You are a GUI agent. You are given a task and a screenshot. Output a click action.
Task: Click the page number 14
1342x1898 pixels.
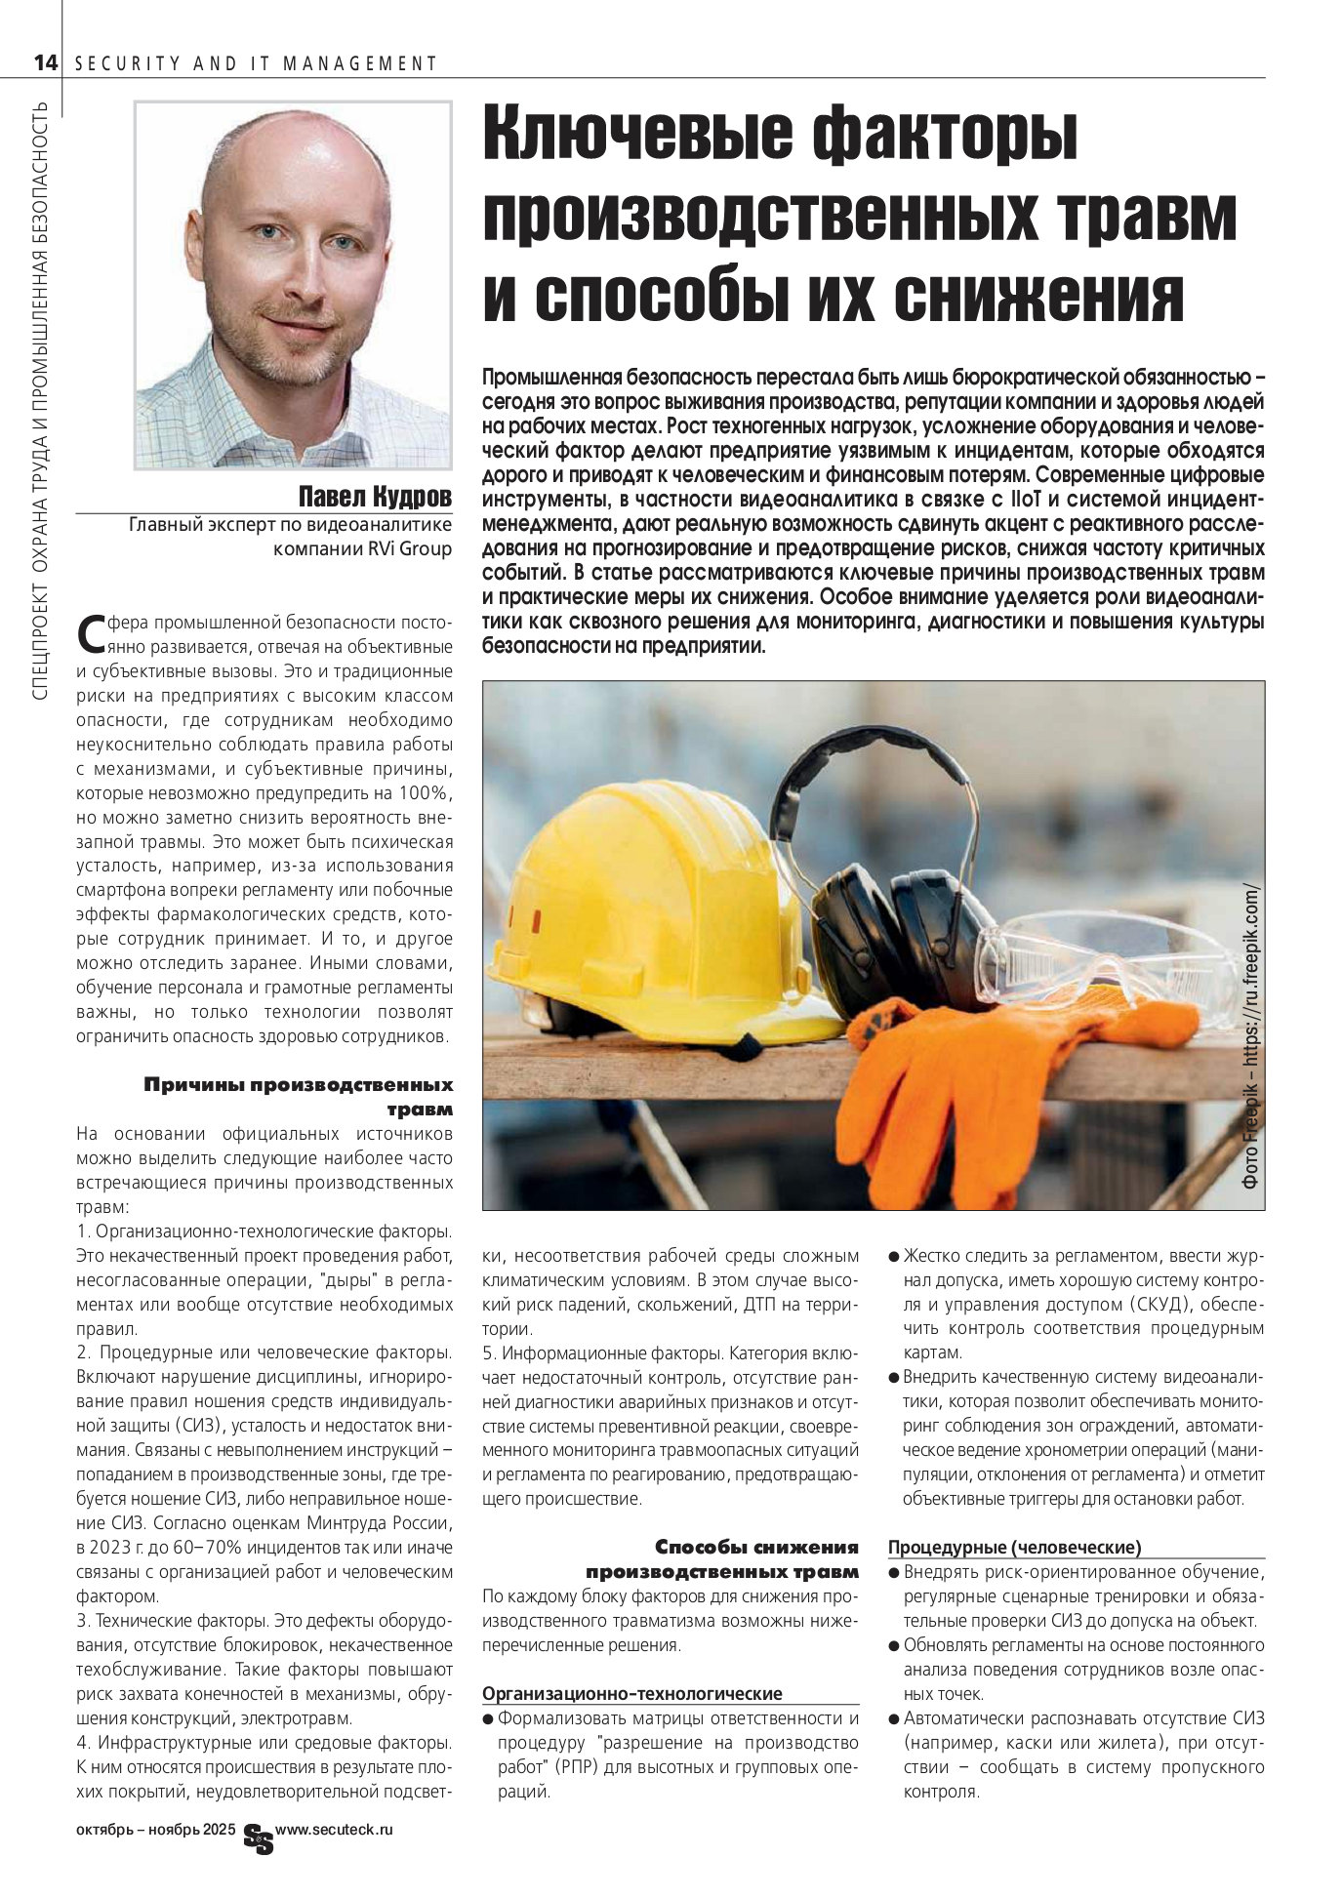coord(45,63)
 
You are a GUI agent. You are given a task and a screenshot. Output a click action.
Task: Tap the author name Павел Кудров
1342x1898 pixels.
coord(375,498)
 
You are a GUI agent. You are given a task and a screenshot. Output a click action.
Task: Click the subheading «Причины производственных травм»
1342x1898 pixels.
coord(299,1097)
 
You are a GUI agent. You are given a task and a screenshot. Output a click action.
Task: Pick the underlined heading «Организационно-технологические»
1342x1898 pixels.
coord(632,1693)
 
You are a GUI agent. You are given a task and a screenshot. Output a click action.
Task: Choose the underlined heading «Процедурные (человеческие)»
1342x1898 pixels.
coord(1014,1547)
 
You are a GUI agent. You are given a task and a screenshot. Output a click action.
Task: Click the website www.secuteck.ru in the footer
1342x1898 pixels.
coord(335,1831)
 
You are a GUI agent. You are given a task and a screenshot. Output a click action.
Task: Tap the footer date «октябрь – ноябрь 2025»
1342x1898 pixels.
coord(156,1832)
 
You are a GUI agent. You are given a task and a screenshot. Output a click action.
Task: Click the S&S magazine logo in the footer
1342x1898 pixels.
coord(259,1837)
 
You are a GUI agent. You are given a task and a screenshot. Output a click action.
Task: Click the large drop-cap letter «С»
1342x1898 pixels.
coord(91,633)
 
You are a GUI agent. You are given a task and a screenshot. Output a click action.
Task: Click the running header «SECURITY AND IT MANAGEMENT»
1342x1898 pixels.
coord(256,64)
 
